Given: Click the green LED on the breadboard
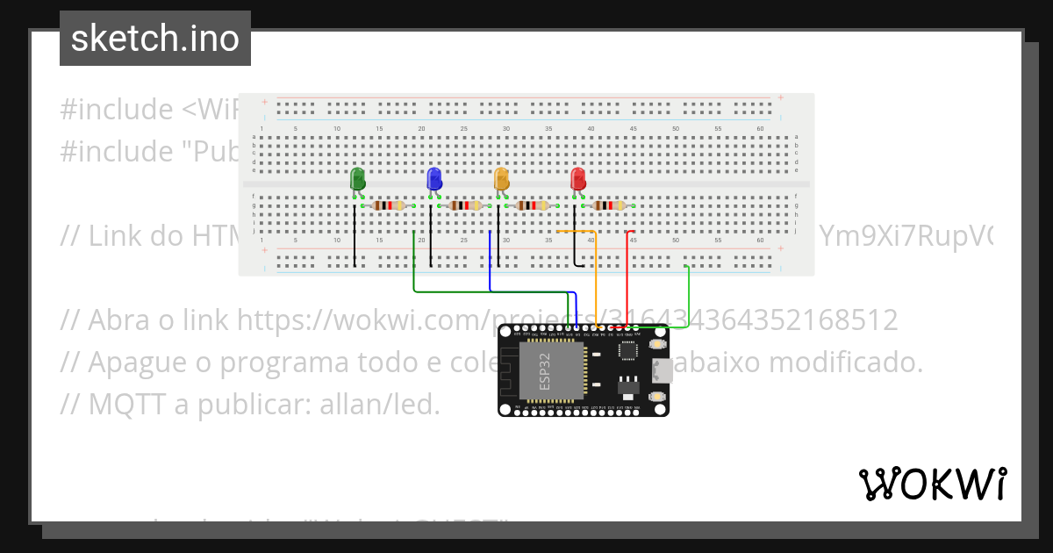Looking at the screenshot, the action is tap(357, 179).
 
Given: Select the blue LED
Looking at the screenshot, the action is tap(433, 179).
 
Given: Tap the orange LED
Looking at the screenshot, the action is tap(501, 179).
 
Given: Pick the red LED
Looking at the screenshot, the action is tap(577, 179).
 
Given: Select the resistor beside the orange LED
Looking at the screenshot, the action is tap(534, 205).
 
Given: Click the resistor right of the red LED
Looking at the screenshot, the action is tap(609, 205).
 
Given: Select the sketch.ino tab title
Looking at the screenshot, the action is tap(155, 39).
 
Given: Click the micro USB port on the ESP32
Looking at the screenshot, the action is tap(663, 370).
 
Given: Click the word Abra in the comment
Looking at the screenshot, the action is tap(118, 320).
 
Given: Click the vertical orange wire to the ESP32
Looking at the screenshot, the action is tap(597, 281).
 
